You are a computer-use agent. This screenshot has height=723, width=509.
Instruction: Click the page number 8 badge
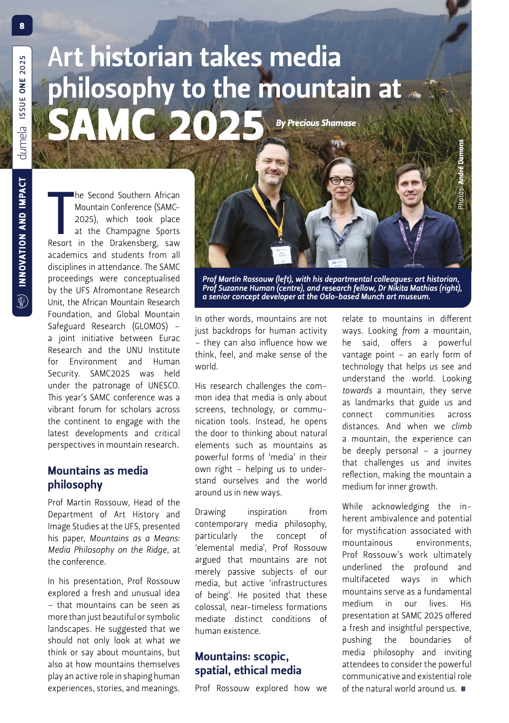(x=22, y=25)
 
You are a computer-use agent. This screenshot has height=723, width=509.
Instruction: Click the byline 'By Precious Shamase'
(x=316, y=123)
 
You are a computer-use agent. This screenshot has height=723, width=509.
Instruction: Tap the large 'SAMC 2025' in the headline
(x=155, y=124)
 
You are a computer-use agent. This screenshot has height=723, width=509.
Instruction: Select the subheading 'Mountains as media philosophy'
(x=98, y=478)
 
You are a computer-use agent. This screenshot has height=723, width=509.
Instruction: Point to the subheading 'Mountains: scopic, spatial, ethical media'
(x=248, y=663)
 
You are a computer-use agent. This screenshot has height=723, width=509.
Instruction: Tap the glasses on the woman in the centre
(x=342, y=180)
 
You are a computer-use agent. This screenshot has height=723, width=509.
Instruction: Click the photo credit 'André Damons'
(x=461, y=162)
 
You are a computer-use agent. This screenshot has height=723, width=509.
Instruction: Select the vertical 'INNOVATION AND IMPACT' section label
(x=22, y=232)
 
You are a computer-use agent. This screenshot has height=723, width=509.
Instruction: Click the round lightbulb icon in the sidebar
(x=22, y=301)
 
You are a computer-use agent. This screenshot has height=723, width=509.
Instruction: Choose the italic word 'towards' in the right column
(x=357, y=390)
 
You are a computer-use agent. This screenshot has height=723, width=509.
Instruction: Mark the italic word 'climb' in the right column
(x=461, y=426)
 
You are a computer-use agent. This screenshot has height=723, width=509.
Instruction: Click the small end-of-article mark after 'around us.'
(x=463, y=689)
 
